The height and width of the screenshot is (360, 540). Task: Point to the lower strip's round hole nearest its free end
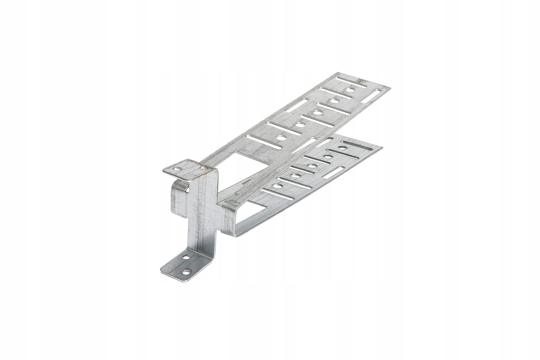(342, 148)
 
